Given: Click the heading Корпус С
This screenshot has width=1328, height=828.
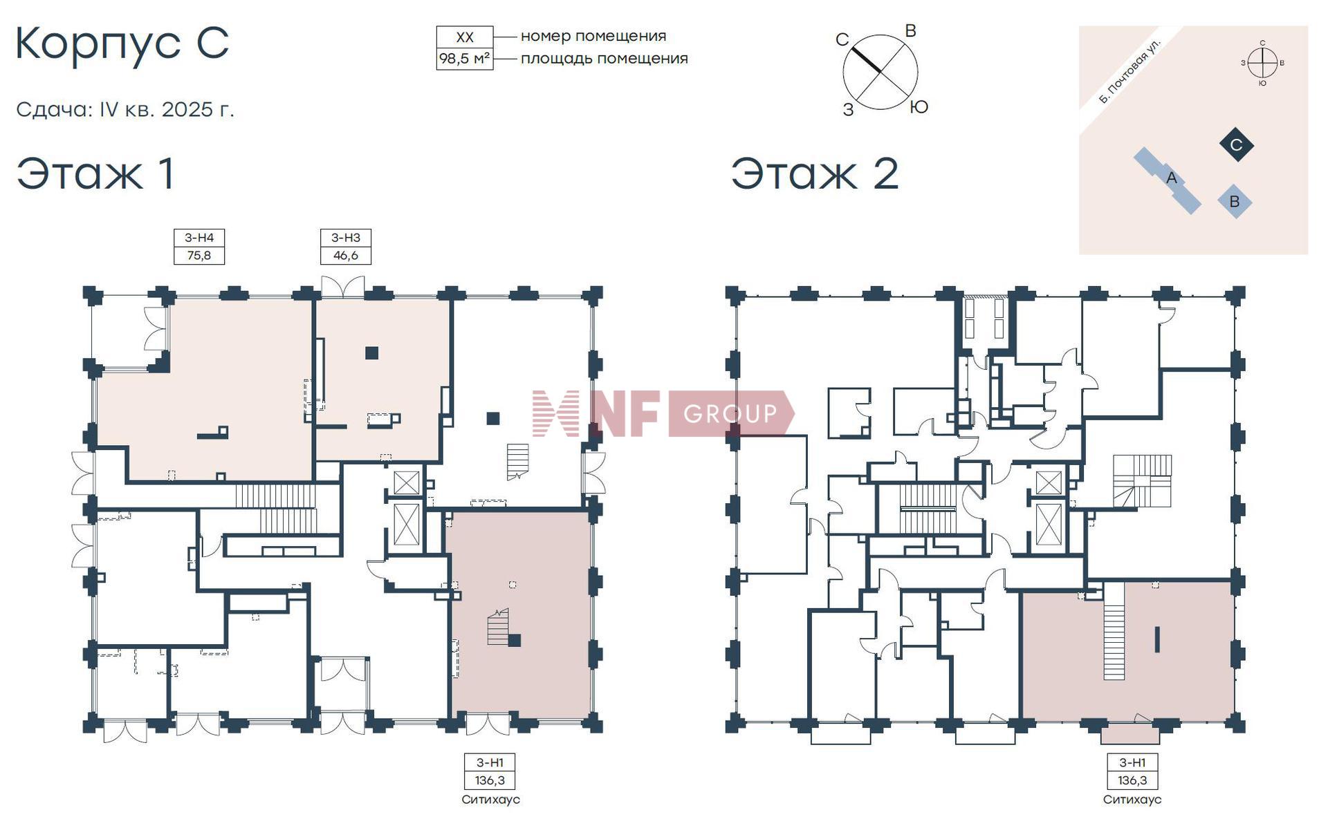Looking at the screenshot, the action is point(122,44).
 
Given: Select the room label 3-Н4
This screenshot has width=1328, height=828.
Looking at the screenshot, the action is point(199,238).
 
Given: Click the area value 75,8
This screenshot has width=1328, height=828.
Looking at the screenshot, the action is point(199,255).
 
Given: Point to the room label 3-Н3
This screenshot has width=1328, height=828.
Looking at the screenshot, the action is point(346,238).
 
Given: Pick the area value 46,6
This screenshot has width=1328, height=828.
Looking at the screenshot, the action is point(346,255).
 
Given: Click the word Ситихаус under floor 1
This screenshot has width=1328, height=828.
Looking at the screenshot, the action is point(490,800).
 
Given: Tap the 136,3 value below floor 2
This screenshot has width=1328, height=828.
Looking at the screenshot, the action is point(1132,780).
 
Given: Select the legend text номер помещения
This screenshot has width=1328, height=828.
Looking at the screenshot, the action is point(593,36).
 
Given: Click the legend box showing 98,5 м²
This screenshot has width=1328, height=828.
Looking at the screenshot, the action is point(465,59).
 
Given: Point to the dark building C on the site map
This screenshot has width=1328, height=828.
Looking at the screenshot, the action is point(1236,145).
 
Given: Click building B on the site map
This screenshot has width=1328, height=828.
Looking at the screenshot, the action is point(1235,202).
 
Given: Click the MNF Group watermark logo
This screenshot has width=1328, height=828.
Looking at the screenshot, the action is point(663,413).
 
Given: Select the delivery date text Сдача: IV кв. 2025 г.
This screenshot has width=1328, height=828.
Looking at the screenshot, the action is point(125,110).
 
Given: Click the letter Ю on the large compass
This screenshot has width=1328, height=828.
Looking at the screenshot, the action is point(919,107).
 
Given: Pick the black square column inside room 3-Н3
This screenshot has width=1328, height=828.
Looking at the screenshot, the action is point(372,353).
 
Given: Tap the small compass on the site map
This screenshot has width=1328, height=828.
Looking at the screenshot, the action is point(1263,63).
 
